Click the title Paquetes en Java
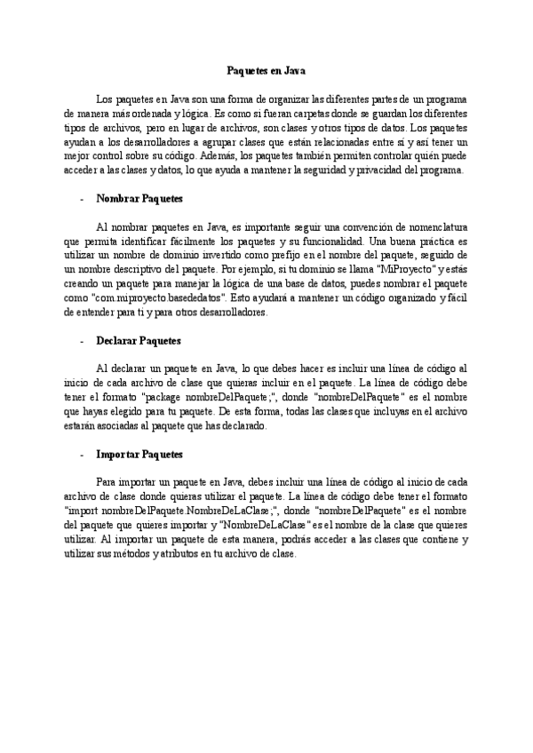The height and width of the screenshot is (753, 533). click(266, 68)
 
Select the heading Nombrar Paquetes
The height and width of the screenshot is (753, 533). click(139, 199)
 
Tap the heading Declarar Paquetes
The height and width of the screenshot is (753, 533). click(139, 340)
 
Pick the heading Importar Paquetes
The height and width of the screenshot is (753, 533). click(139, 454)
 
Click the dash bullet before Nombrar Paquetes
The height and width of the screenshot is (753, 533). click(81, 199)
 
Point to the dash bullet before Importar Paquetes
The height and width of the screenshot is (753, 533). click(81, 454)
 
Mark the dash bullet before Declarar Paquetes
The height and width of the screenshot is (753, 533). click(81, 340)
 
